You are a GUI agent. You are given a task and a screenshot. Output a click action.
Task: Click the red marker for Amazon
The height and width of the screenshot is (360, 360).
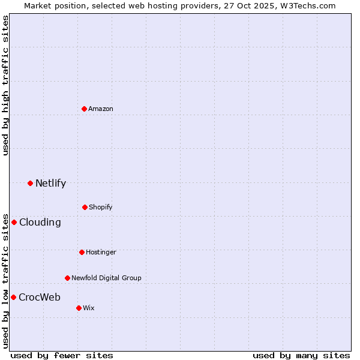tap(84, 109)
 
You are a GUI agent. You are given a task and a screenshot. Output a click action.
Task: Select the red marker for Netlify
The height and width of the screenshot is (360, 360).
tap(30, 183)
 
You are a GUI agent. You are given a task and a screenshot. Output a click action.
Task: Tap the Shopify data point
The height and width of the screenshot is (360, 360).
tap(85, 207)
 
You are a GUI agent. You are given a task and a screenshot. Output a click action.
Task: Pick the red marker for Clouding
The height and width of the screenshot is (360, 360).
tap(14, 222)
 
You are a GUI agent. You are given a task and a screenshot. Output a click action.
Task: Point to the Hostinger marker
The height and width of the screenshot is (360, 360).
tap(82, 252)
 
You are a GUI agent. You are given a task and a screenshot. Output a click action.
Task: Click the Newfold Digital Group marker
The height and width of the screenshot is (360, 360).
tap(67, 278)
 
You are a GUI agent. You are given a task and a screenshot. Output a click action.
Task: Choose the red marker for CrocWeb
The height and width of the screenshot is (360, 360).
tap(13, 297)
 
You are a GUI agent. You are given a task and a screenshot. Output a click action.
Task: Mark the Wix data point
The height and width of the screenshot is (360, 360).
tap(79, 308)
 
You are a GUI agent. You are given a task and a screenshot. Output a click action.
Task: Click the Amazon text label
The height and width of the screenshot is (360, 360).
tap(101, 109)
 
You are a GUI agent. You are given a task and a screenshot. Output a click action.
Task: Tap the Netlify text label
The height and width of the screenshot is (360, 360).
tap(50, 183)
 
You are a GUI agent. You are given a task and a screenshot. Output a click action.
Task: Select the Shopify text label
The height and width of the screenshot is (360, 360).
tap(101, 207)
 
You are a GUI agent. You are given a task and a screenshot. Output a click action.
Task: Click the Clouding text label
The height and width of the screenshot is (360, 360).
tap(40, 222)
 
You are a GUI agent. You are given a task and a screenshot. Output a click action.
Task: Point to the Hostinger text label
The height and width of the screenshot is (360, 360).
tap(101, 252)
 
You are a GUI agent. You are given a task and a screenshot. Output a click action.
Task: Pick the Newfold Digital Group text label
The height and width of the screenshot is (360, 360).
tap(106, 278)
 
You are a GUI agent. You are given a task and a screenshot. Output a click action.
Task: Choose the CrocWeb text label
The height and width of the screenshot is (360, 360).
tap(40, 297)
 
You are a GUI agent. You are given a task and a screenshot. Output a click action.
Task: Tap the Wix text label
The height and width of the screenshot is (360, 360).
tap(89, 308)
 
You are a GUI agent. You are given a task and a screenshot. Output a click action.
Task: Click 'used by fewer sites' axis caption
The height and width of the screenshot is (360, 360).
tap(62, 355)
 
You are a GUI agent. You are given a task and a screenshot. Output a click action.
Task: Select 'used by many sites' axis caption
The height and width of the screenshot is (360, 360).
tap(301, 355)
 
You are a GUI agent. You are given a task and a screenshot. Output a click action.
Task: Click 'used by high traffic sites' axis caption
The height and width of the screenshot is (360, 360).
tap(5, 85)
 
